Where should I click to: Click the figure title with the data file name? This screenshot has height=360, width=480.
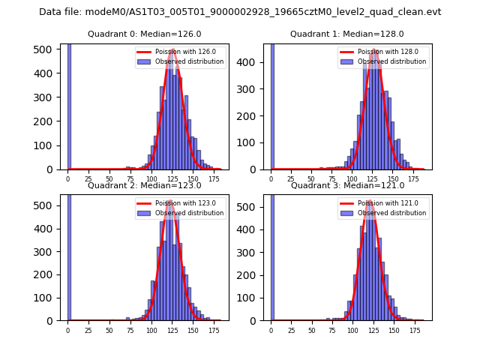click(240, 12)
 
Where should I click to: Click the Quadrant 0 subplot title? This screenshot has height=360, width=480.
click(145, 34)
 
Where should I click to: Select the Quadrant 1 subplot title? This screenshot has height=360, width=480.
click(347, 34)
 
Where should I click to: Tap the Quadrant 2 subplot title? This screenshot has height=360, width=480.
click(145, 185)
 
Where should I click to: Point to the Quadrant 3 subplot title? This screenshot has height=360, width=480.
click(347, 185)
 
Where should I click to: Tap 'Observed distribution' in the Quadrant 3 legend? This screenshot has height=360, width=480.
click(391, 213)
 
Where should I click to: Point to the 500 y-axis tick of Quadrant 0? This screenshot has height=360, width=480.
click(46, 49)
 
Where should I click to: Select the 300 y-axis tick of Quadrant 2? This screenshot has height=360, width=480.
click(46, 252)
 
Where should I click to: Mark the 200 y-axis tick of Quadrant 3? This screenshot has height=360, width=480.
click(249, 275)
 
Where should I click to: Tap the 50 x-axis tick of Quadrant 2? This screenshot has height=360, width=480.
click(109, 330)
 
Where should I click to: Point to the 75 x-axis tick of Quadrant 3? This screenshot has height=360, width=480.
click(333, 330)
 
